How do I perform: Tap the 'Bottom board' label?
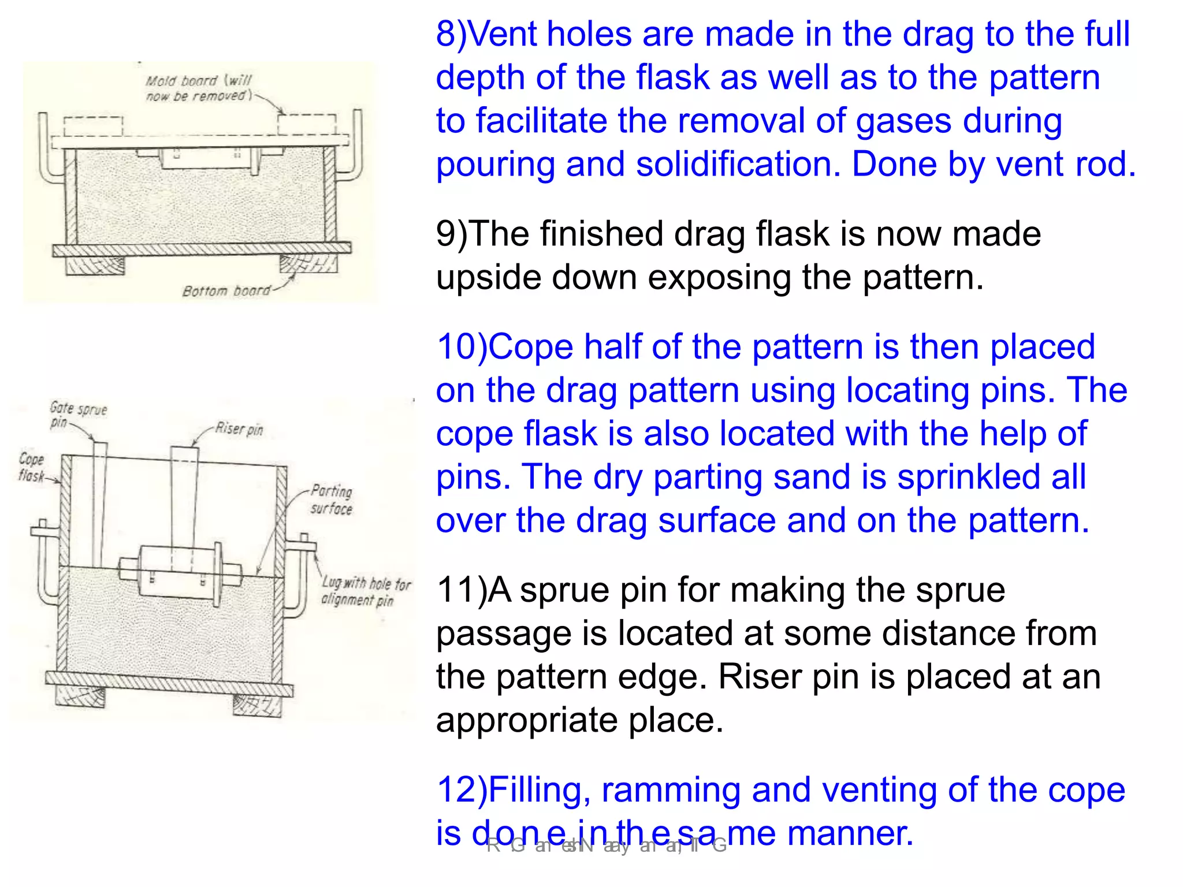pyautogui.click(x=226, y=290)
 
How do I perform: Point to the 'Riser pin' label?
pyautogui.click(x=239, y=428)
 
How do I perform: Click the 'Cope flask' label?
pyautogui.click(x=31, y=467)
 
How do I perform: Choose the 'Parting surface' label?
pyautogui.click(x=331, y=500)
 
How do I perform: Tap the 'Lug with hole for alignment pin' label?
pyautogui.click(x=365, y=591)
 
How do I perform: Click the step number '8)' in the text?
pyautogui.click(x=451, y=34)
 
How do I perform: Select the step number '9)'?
pyautogui.click(x=451, y=234)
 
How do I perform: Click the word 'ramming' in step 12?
pyautogui.click(x=670, y=790)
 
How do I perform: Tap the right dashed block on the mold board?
pyautogui.click(x=307, y=124)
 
